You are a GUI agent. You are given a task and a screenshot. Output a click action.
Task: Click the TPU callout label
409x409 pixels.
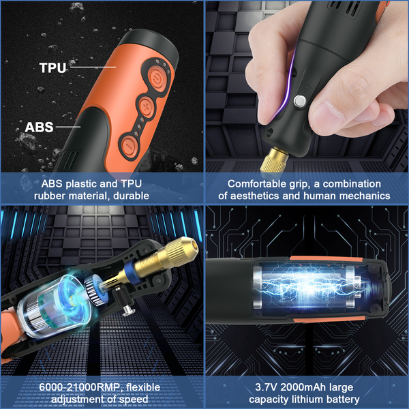(x=52, y=67)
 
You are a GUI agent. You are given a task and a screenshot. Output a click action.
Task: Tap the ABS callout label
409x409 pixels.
(x=39, y=127)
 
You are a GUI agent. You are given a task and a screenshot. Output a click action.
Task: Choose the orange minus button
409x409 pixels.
(x=129, y=145)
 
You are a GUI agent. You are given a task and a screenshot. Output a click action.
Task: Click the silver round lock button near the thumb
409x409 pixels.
(x=300, y=101)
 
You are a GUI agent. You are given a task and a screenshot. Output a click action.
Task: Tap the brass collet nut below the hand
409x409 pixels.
(x=273, y=160)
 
